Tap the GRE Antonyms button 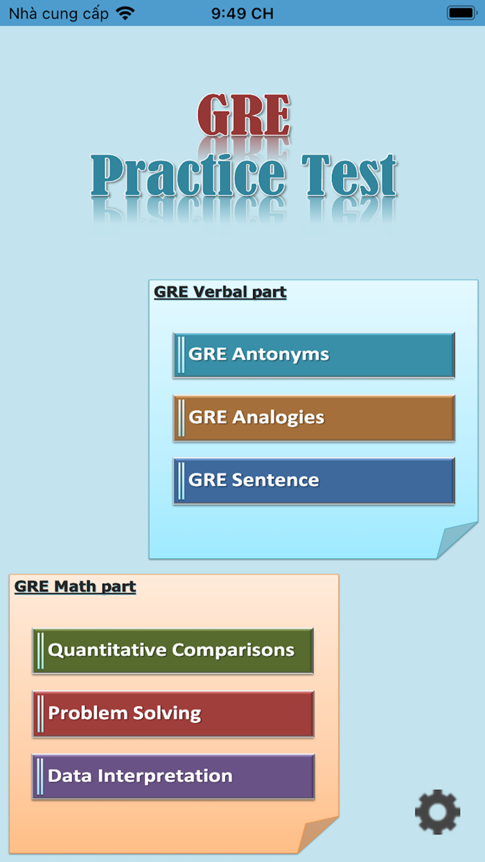314,355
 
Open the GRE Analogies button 314,418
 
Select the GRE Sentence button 314,480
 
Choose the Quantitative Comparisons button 173,651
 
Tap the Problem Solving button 173,714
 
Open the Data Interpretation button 173,776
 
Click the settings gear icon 437,811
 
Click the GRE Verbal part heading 220,292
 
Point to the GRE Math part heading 75,587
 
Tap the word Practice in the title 188,176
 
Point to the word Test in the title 349,176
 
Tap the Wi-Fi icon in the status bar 125,13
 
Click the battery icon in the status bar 461,13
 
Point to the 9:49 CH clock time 242,13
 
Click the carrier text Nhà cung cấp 58,13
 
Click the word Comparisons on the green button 233,651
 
